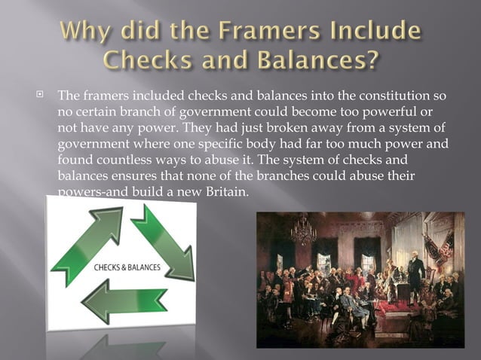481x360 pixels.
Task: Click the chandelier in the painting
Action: tap(304, 230)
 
